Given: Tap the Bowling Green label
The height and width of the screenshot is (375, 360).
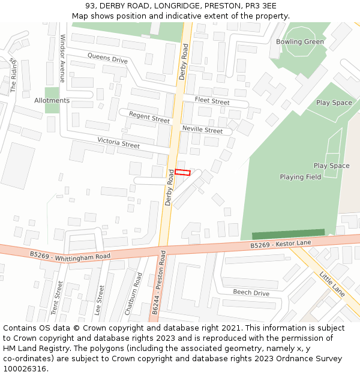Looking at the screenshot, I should pos(299,42).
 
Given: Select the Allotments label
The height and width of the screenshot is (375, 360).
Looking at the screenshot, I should pos(52,101).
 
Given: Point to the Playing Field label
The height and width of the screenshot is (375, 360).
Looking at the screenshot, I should pos(300,177).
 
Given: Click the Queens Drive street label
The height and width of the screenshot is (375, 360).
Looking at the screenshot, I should pos(107,58).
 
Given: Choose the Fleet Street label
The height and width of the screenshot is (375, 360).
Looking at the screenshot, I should pos(212,101).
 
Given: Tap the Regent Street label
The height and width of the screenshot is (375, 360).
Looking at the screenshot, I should pos(149,118).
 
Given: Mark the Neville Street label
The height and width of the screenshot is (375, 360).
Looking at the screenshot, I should pos(202,130).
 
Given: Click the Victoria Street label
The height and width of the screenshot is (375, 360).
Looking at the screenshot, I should pos(118,143).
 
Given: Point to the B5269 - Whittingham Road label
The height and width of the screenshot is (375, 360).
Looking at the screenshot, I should pos(70,256).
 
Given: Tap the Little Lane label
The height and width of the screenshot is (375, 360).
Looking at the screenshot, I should pos(332,284).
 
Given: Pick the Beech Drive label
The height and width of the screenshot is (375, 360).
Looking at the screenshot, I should pos(251,293).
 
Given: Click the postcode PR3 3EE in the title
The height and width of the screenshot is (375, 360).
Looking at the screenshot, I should pos(260,6).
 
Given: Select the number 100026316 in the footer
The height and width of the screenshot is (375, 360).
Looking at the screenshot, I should pos(25,369).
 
